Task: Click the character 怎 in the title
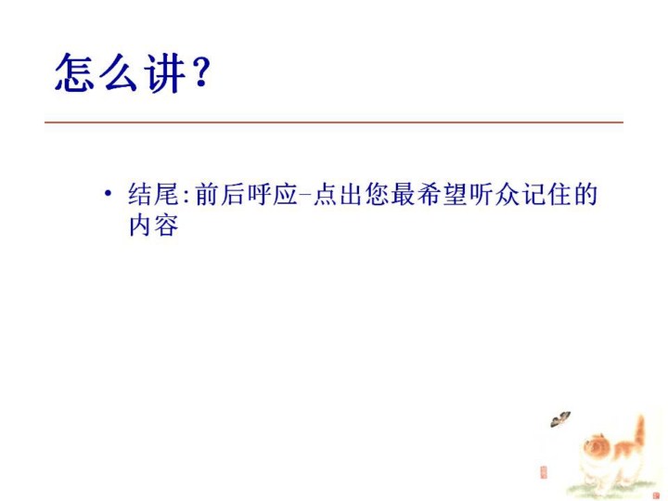(75, 72)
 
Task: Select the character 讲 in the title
(164, 73)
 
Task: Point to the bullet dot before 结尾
(109, 194)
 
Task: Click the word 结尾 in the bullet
(153, 194)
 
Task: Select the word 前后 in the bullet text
(219, 194)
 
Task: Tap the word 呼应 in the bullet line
(272, 194)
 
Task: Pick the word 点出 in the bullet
(338, 194)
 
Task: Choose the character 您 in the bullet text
(377, 194)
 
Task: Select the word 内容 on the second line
(153, 225)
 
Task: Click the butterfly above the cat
(560, 419)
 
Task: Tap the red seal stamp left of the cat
(544, 472)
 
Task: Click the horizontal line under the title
(334, 122)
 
